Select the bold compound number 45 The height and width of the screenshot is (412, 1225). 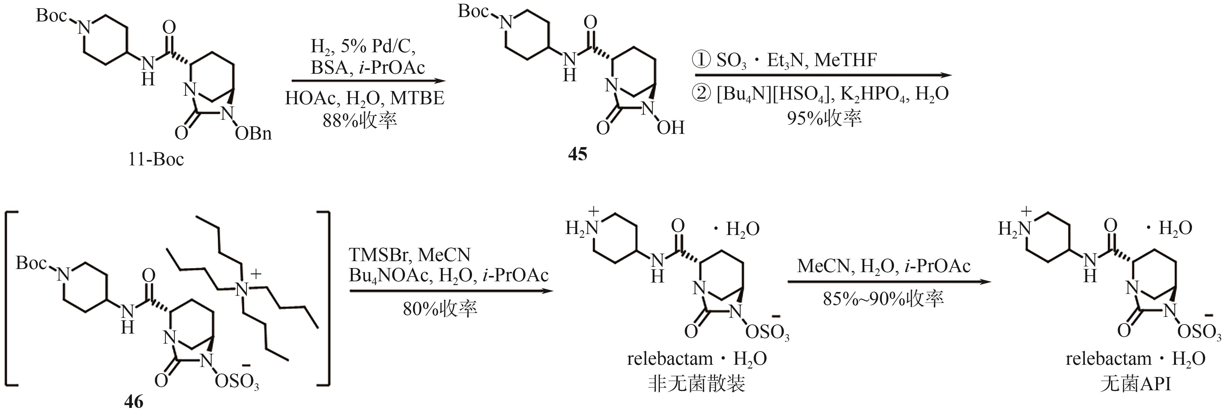pos(578,154)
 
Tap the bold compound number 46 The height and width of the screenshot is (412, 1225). pos(134,402)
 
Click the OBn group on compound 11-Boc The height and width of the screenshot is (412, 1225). pos(253,134)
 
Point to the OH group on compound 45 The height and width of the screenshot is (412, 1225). pos(671,128)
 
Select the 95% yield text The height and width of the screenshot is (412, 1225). pos(824,117)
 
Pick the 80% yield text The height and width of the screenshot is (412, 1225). pos(440,309)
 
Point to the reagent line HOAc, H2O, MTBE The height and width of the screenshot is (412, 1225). pos(365,98)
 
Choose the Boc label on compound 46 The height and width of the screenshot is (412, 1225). pos(31,263)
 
